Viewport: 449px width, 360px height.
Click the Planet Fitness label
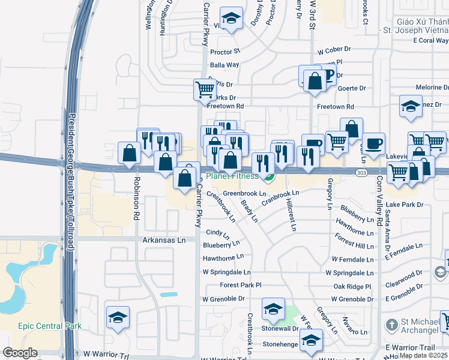click(x=233, y=176)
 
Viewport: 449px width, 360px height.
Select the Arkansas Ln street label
click(x=164, y=239)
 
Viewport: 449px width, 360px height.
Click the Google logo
click(x=20, y=353)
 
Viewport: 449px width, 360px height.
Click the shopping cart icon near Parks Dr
click(x=205, y=90)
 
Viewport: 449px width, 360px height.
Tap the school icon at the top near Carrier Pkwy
click(x=230, y=18)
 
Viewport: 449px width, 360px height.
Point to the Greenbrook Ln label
click(x=244, y=194)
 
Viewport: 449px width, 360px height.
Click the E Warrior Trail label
click(x=409, y=347)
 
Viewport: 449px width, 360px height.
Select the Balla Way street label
click(x=224, y=65)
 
